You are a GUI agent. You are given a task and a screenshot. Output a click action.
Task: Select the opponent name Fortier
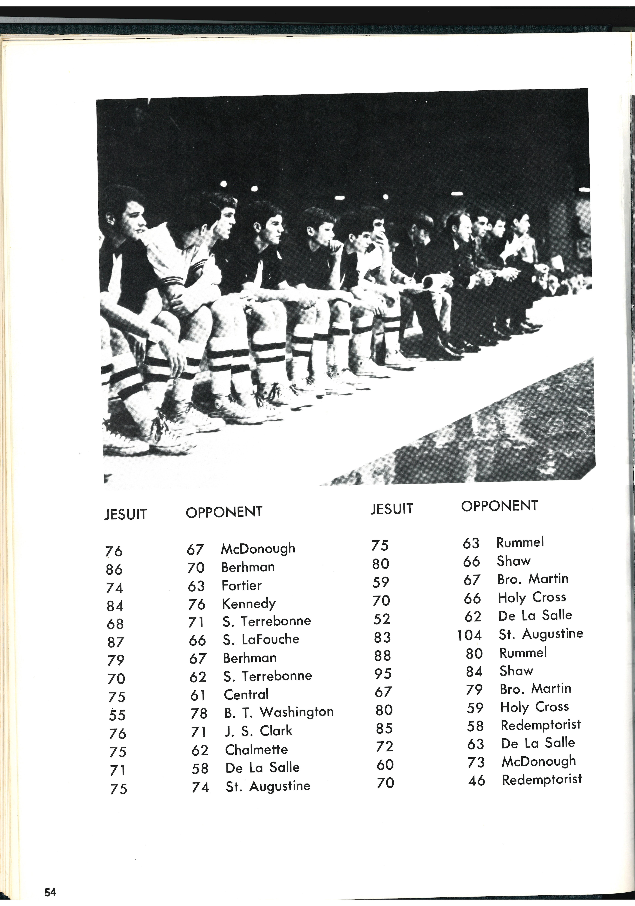pyautogui.click(x=241, y=585)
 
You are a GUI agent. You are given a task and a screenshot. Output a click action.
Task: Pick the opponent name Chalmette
pyautogui.click(x=256, y=749)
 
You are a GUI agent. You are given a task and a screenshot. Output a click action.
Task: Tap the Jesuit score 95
pyautogui.click(x=383, y=674)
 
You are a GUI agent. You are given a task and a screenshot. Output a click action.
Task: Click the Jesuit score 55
pyautogui.click(x=117, y=715)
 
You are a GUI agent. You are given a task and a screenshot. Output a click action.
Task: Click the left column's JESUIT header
pyautogui.click(x=125, y=514)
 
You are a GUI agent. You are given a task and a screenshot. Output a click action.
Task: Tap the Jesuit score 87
pyautogui.click(x=116, y=642)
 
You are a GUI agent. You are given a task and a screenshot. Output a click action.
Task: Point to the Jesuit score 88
pyautogui.click(x=382, y=655)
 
